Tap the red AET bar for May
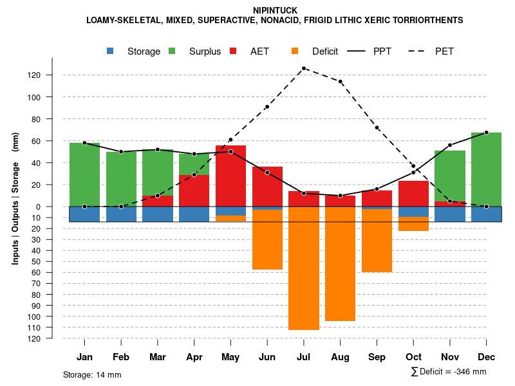(x=230, y=180)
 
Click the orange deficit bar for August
(x=340, y=264)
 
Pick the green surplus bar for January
(x=84, y=174)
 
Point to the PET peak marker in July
(x=303, y=68)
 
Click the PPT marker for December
(x=486, y=133)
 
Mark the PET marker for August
(x=340, y=82)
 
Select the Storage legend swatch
(x=111, y=51)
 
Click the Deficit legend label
(x=325, y=51)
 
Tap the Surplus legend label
(x=205, y=51)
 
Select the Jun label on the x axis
(x=267, y=357)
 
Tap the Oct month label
(x=413, y=357)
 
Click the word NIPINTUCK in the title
(x=275, y=10)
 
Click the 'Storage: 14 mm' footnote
(x=92, y=374)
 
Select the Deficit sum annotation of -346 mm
(x=449, y=372)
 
